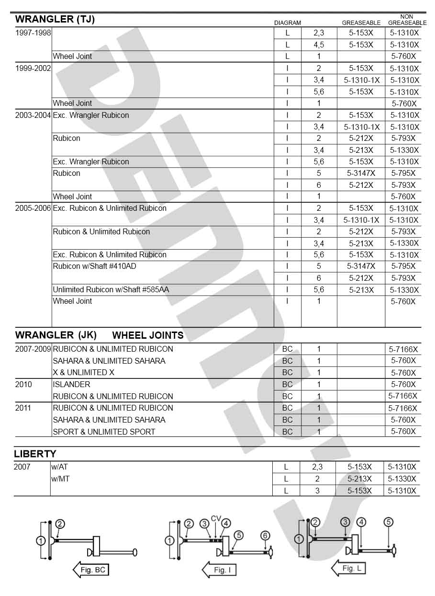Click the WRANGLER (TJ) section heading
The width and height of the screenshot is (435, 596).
pos(55,19)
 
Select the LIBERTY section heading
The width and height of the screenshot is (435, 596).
pos(35,454)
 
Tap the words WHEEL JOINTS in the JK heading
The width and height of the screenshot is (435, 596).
pos(147,335)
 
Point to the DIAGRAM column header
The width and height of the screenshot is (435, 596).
pos(287,23)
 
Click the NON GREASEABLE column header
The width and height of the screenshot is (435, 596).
pos(407,20)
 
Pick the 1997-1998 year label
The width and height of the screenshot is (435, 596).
pos(33,33)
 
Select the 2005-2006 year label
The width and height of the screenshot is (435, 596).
pos(33,208)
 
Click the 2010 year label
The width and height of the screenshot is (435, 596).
pos(23,384)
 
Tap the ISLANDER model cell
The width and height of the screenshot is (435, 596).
pos(71,384)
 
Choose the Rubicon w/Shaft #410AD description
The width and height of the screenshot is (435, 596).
pos(98,266)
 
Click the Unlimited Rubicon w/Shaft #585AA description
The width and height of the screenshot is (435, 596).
pos(111,290)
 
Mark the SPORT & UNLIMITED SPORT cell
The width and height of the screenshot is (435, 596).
pos(104,432)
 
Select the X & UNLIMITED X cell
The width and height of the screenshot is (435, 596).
pos(83,372)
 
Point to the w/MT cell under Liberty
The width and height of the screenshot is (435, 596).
pos(60,479)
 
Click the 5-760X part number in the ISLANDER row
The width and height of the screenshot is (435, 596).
pos(403,384)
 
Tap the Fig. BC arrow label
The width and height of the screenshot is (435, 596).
pos(92,570)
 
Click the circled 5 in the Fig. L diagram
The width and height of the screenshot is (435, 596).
pos(388,522)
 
